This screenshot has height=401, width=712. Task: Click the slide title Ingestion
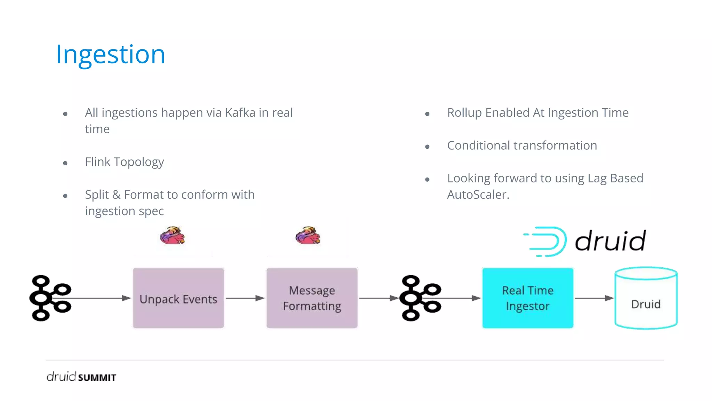point(111,54)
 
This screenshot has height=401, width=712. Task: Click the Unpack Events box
point(178,298)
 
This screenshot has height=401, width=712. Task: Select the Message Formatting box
point(312,298)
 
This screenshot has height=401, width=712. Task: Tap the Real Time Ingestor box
point(527,298)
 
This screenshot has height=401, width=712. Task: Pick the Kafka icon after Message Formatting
point(420,298)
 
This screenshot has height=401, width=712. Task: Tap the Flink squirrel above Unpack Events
point(172,236)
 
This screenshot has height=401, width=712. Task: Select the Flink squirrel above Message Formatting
point(308,236)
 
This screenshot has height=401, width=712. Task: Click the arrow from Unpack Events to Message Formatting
point(245,298)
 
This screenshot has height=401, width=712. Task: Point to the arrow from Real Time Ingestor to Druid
point(594,298)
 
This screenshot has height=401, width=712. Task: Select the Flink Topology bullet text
point(124,162)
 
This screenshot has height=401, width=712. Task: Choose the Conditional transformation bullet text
point(522,146)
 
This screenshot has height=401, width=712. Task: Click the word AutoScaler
point(478,195)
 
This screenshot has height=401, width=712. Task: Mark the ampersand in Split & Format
point(116,195)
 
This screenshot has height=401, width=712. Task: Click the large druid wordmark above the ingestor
point(610,241)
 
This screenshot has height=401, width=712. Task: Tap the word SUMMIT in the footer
point(97,378)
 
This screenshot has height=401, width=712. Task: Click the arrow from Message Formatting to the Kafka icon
point(378,298)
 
